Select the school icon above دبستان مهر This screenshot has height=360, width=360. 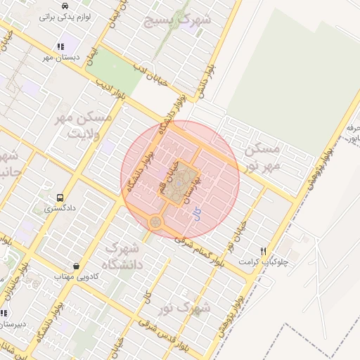tap(60, 46)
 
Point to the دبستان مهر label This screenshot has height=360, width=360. tap(61, 58)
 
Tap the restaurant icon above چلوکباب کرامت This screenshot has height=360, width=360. tap(264, 251)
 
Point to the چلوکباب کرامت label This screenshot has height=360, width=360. tap(274, 262)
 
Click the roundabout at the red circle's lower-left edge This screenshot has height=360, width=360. tap(155, 222)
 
